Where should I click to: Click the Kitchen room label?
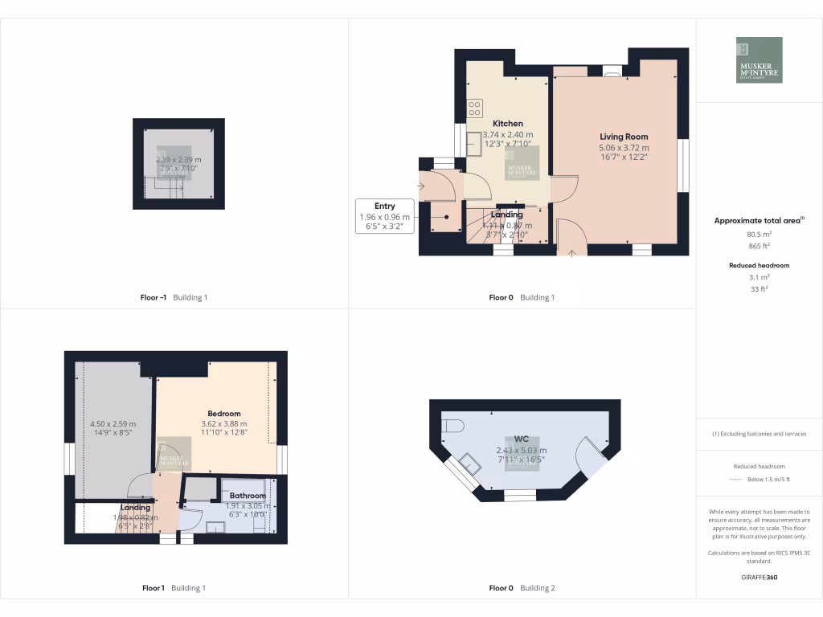pos(507,124)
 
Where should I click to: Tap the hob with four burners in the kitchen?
pos(474,106)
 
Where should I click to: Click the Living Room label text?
pos(624,137)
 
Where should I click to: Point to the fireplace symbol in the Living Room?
pos(612,72)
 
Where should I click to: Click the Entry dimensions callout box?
pos(384,217)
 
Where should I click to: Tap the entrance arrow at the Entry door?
pos(420,186)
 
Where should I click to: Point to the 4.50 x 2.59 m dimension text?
pos(112,424)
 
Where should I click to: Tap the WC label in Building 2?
pos(521,439)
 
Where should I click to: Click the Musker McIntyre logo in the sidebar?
pos(759,60)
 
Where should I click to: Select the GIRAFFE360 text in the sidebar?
pos(759,577)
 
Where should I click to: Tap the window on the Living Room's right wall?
pos(682,165)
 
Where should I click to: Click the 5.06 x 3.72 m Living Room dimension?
pos(624,148)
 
